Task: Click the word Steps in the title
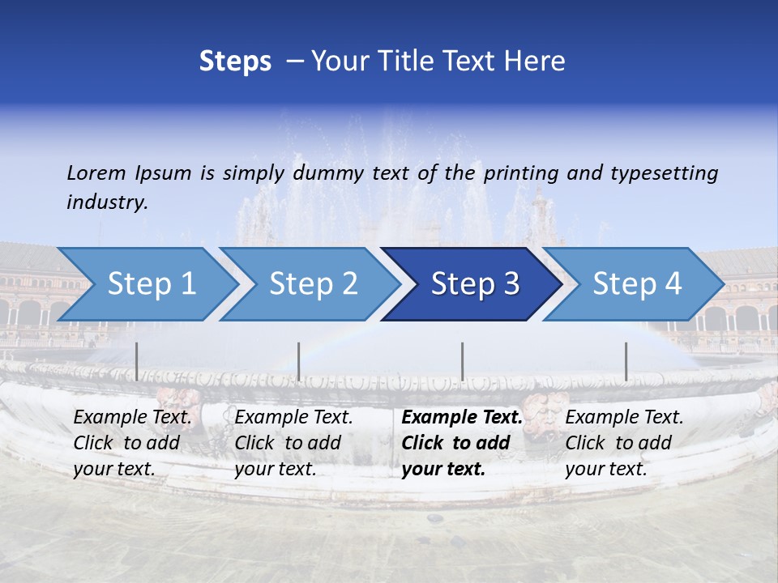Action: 235,62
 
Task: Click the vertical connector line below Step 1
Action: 137,361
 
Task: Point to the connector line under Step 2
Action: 299,361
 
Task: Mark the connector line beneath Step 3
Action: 462,361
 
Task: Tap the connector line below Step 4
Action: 626,361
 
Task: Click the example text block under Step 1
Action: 132,443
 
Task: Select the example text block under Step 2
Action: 293,443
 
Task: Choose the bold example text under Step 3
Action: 462,443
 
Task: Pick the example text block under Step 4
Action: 624,443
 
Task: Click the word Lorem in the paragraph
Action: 96,172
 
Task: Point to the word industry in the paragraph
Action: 107,202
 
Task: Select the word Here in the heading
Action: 536,62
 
